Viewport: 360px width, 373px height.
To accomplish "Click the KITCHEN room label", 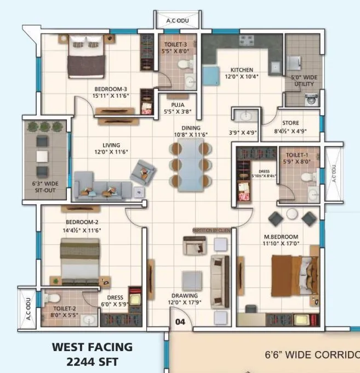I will click(x=242, y=70).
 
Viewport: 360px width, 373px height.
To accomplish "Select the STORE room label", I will click(x=290, y=123).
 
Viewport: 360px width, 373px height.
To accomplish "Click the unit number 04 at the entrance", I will click(x=180, y=323).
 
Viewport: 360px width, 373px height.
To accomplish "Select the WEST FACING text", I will click(x=92, y=347).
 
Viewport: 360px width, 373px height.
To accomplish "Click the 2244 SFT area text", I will click(x=92, y=361).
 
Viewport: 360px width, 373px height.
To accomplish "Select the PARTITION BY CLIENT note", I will click(x=211, y=231).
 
